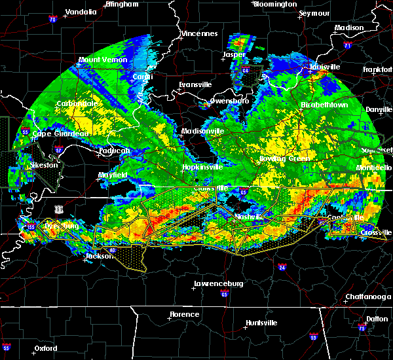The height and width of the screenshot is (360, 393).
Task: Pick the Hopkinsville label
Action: pyautogui.click(x=202, y=168)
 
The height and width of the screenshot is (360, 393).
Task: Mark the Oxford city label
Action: pyautogui.click(x=46, y=348)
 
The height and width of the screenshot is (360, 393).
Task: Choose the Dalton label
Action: pyautogui.click(x=376, y=318)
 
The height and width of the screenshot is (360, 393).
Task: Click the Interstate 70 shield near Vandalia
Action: pyautogui.click(x=53, y=20)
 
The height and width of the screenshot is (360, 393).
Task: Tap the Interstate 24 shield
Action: pyautogui.click(x=282, y=267)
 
